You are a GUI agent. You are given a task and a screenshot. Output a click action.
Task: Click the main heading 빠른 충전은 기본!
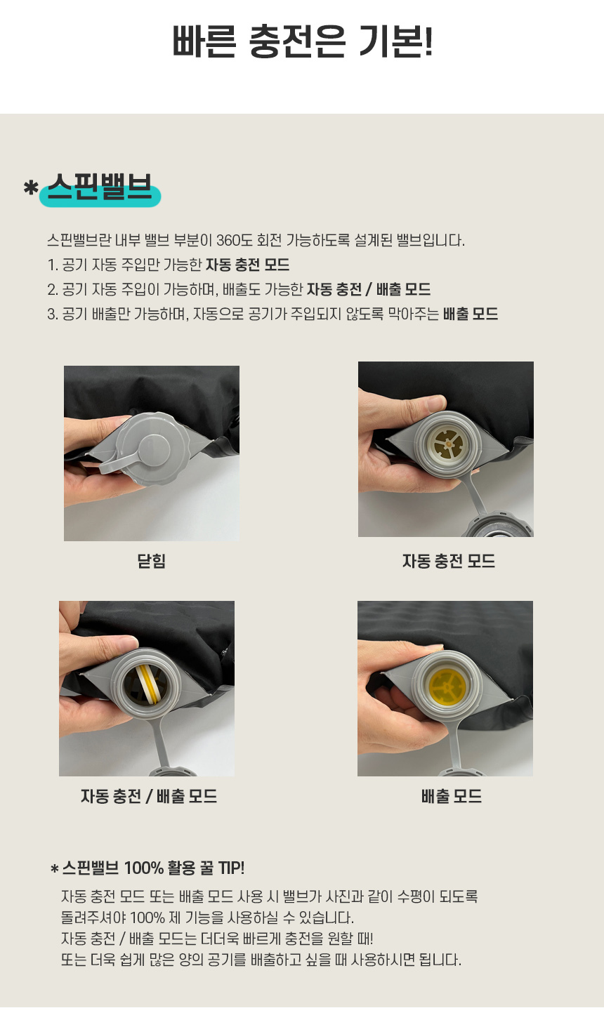[x=303, y=41]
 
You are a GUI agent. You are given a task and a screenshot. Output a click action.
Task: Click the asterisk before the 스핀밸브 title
[x=30, y=187]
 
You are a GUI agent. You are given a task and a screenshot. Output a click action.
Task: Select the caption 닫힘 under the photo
[x=152, y=561]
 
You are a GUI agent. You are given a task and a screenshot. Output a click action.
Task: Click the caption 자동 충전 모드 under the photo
[x=448, y=561]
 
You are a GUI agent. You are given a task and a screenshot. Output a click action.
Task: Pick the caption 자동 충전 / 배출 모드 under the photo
[x=149, y=796]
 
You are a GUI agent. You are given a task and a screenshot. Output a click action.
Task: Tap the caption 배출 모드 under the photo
[x=451, y=796]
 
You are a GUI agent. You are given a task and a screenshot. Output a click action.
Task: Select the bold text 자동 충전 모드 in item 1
[x=247, y=265]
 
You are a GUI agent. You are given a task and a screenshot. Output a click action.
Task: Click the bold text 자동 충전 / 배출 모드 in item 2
[x=369, y=289]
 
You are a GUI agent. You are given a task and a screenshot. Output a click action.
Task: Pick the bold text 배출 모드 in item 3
[x=471, y=314]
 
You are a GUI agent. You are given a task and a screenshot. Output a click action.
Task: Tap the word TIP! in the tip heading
[x=231, y=868]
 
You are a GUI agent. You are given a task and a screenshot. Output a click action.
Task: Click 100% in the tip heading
[x=143, y=868]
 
